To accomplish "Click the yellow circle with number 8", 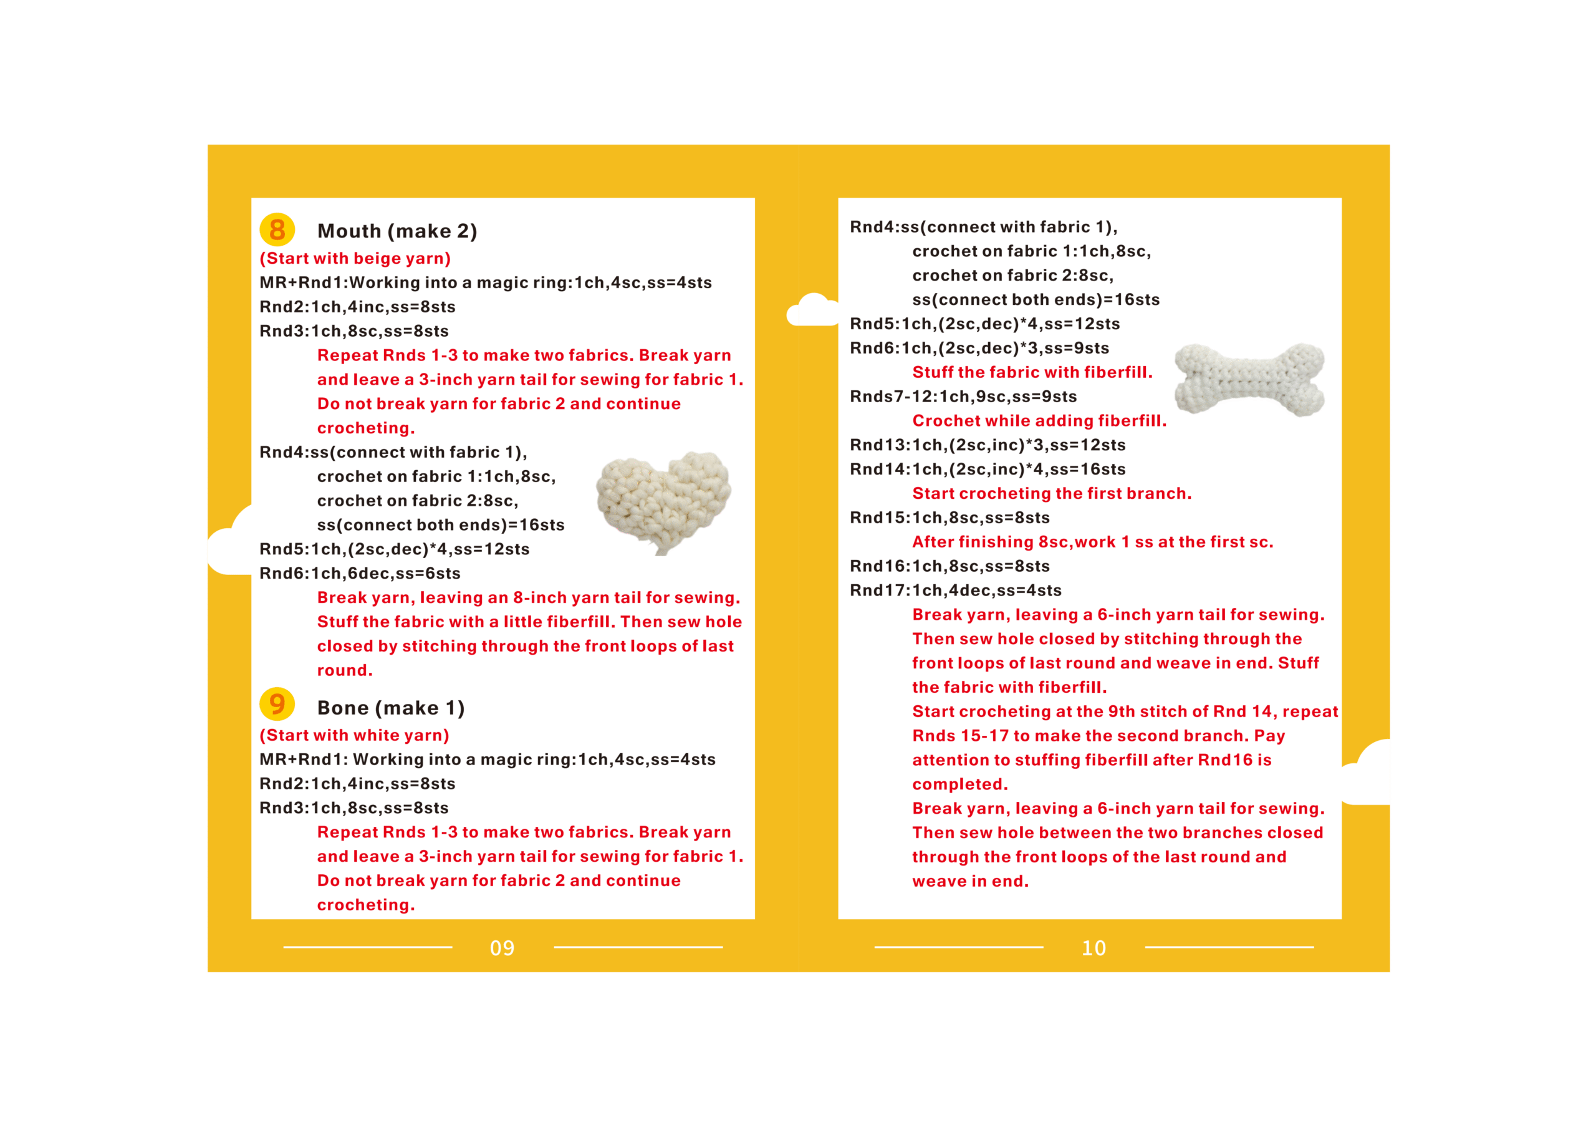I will tap(277, 229).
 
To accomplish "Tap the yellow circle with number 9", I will tap(277, 705).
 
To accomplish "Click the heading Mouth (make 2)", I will tap(397, 231).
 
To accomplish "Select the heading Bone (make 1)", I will tap(391, 708).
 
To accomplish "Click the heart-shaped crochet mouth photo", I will tap(663, 502).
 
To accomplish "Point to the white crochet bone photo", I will tap(1249, 380).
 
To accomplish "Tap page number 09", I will tap(502, 948).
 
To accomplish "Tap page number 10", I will tap(1094, 948).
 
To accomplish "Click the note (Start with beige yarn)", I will tap(355, 259).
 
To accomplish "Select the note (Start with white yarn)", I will tap(355, 735).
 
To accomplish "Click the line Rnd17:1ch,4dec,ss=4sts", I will tap(956, 590).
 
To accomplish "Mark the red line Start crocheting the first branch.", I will tap(1052, 494).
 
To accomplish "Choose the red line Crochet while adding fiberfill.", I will tap(1039, 421).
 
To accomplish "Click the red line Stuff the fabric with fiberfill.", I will tap(1032, 372).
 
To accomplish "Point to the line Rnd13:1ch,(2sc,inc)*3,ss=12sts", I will tap(988, 445).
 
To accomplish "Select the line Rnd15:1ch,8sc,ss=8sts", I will tap(949, 518).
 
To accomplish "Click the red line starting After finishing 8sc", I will tap(1092, 542).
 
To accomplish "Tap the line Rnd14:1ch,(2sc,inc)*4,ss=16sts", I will tap(988, 470).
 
